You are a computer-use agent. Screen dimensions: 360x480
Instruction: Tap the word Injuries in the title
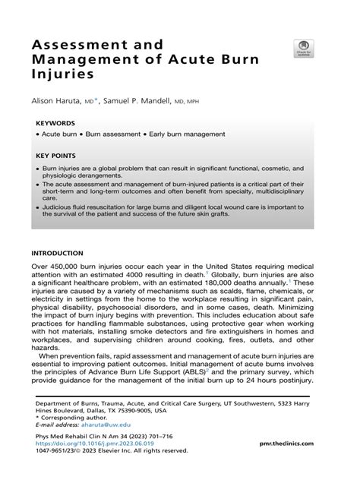click(x=62, y=75)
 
